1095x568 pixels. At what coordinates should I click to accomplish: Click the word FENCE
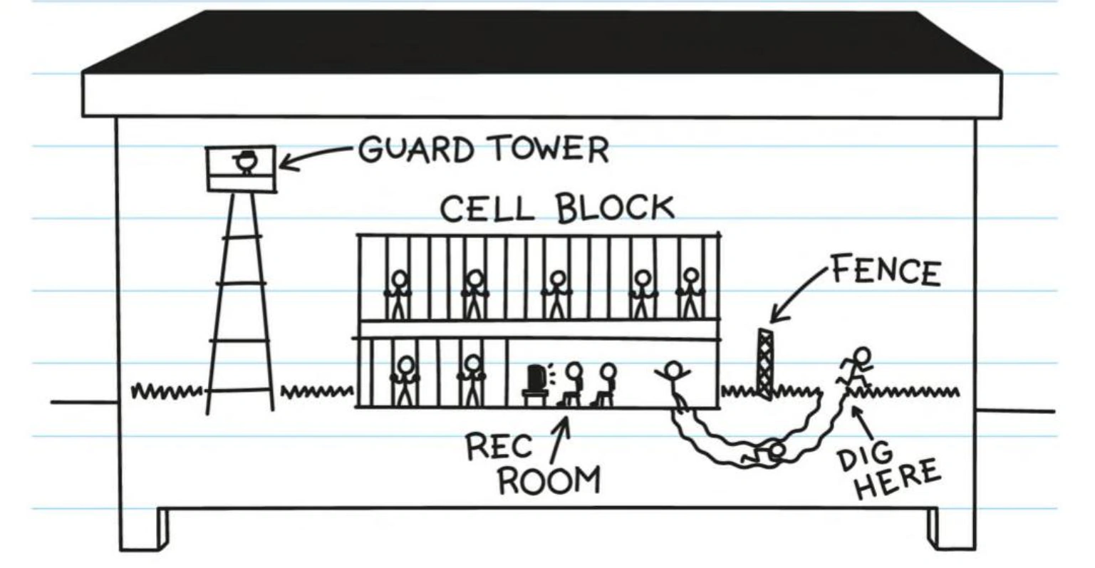tap(886, 272)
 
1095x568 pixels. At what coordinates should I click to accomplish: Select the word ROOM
tap(549, 480)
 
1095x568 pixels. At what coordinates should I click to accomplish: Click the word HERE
tap(898, 480)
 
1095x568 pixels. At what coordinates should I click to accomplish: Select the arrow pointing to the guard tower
tap(313, 156)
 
